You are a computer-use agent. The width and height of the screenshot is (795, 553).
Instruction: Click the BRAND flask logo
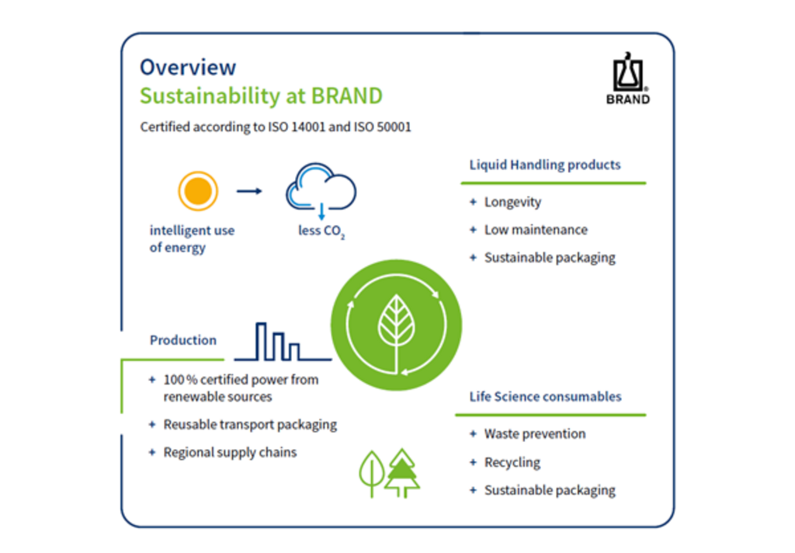pos(627,78)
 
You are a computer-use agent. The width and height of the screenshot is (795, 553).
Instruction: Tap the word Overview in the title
pos(188,68)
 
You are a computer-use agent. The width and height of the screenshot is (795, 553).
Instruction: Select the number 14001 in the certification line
pos(307,127)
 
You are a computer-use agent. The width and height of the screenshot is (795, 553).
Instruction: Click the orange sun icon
pos(198,191)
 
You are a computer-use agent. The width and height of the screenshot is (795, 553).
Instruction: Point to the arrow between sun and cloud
pos(249,191)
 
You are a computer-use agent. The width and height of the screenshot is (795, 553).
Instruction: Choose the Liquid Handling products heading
pos(545,165)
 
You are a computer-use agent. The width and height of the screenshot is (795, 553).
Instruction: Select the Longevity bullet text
pos(512,202)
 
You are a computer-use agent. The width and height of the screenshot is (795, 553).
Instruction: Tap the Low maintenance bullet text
pos(536,230)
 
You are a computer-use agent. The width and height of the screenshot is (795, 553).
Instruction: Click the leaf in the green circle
pos(397,325)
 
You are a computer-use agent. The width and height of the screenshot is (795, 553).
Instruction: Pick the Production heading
pos(183,340)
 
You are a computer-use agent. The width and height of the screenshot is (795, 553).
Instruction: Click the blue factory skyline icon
pos(283,342)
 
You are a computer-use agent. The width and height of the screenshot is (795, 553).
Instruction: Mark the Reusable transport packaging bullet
pos(250,425)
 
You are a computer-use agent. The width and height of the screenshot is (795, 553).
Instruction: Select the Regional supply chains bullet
pos(230,453)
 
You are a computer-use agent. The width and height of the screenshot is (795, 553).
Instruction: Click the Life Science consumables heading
pos(545,397)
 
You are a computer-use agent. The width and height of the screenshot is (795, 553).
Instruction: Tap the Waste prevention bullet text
pos(535,433)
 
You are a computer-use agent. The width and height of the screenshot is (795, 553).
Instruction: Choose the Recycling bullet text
pos(512,462)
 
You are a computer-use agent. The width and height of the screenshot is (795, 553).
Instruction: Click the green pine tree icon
pos(402,473)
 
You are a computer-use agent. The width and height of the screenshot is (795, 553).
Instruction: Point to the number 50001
pos(394,127)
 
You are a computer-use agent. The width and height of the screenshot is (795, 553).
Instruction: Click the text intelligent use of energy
pos(193,239)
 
